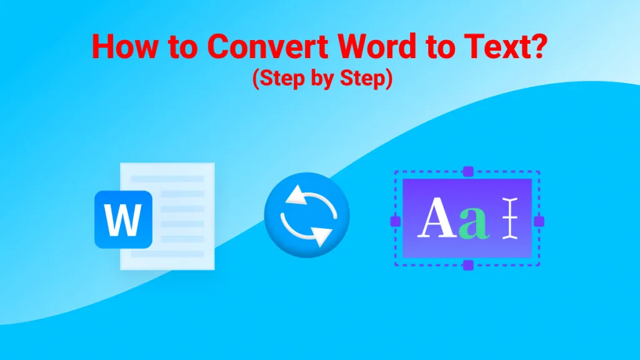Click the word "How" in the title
[125, 46]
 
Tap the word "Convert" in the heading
[267, 46]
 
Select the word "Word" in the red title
[377, 46]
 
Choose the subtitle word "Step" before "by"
[282, 77]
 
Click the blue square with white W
[123, 219]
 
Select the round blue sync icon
[307, 215]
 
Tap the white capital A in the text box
[437, 217]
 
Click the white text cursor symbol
[510, 218]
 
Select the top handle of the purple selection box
[468, 171]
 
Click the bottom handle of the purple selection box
[468, 265]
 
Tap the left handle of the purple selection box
[396, 221]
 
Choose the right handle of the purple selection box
[539, 221]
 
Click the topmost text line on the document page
[167, 179]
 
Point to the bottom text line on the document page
[167, 254]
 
